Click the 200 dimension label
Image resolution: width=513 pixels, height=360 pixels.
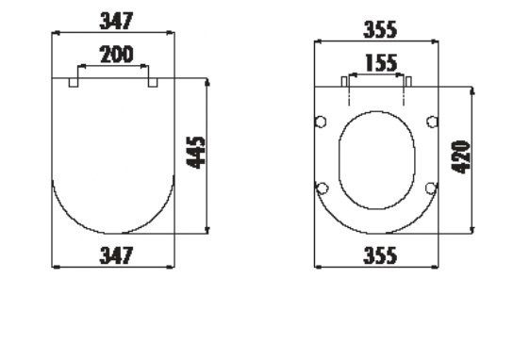[x=117, y=55]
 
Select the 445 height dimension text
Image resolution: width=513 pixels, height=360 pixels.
[x=195, y=153]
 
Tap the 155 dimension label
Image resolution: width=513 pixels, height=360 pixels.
[x=381, y=63]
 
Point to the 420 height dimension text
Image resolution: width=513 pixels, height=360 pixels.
[x=460, y=157]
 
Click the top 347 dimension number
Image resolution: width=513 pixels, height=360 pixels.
[x=117, y=21]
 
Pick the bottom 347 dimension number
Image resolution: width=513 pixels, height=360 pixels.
[x=117, y=255]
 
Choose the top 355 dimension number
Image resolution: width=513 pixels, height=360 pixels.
[x=380, y=29]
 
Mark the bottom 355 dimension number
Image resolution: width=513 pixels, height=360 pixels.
[x=380, y=255]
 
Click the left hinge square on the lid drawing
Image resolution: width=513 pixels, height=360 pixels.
[x=74, y=82]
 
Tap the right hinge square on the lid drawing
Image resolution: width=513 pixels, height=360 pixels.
[x=153, y=82]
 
